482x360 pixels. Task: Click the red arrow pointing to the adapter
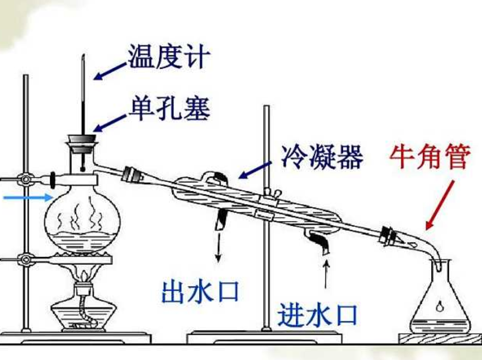tap(440, 207)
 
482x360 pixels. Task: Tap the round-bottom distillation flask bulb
tap(82, 218)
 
